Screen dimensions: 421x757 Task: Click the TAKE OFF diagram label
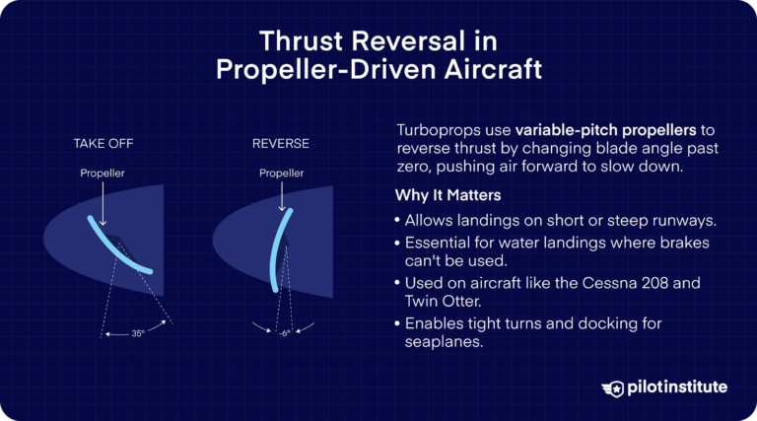103,144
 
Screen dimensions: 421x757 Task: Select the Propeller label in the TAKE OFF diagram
103,174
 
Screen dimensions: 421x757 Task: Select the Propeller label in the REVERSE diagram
281,174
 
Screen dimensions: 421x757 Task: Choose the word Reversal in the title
433,42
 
